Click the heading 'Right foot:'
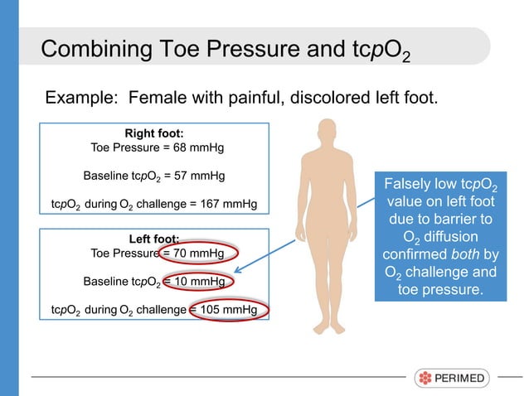coord(153,133)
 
